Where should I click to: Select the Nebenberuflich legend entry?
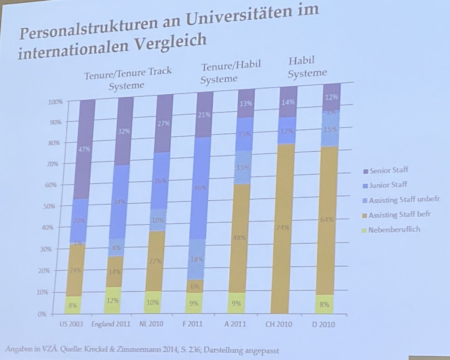(394, 229)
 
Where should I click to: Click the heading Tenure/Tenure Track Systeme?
(127, 78)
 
